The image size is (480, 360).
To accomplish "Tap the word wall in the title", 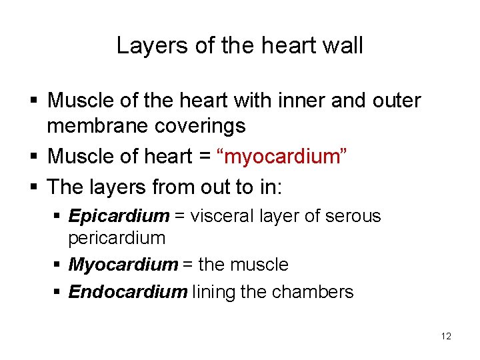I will tap(342, 45).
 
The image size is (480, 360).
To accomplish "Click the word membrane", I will tap(97, 125).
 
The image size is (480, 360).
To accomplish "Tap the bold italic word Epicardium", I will tap(119, 216).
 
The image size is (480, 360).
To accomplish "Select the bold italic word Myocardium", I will tap(123, 265).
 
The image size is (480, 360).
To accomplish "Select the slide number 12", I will tap(446, 336).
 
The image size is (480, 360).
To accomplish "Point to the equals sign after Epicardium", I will tap(181, 217).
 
